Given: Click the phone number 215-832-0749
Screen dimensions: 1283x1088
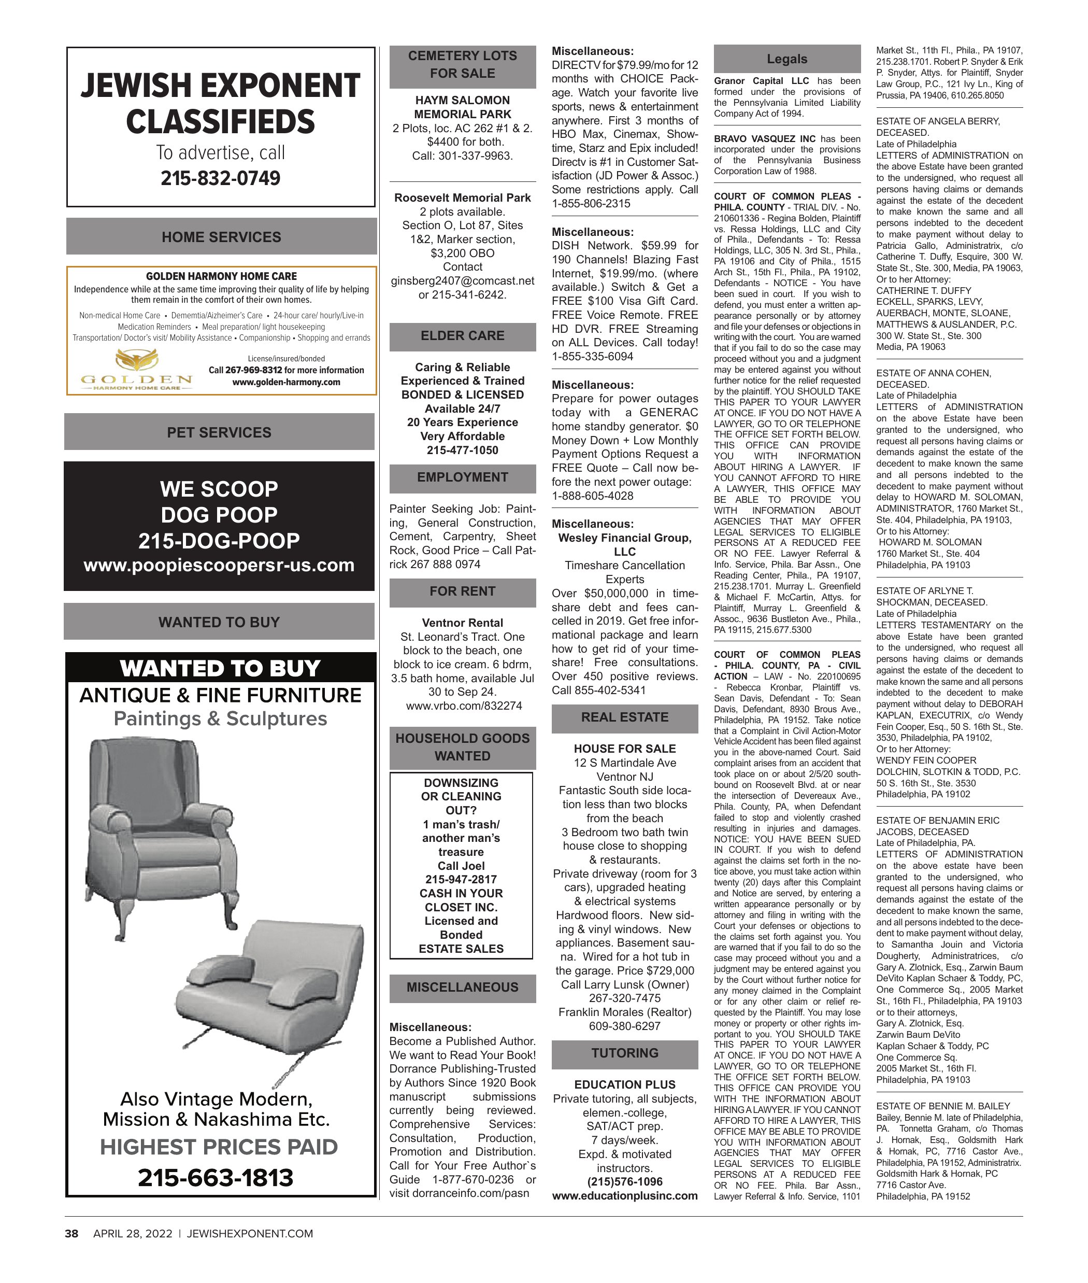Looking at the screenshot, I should click(220, 178).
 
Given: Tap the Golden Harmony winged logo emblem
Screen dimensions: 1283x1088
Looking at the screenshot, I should click(137, 359).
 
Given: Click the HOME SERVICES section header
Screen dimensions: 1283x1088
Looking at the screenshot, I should click(221, 237).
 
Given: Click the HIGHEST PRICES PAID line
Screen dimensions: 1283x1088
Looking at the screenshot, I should click(219, 1147).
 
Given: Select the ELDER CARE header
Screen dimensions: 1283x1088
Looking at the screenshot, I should click(463, 336).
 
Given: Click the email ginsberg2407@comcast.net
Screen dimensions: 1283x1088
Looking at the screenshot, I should click(463, 281).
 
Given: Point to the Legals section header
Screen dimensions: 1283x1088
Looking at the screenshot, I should click(787, 59).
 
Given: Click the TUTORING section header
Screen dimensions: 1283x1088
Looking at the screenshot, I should click(625, 1053).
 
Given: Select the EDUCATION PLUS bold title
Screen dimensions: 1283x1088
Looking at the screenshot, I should click(625, 1084).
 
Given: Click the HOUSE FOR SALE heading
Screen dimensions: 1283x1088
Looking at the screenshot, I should click(625, 749).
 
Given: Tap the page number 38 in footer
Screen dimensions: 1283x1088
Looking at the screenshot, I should click(72, 1234).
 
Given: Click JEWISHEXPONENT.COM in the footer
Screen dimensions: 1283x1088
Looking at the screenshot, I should click(250, 1234).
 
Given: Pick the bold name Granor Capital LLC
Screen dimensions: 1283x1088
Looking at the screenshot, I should click(761, 81).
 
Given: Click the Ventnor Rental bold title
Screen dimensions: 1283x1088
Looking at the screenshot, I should click(463, 623).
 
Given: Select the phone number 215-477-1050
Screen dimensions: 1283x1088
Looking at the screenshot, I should click(463, 450).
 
